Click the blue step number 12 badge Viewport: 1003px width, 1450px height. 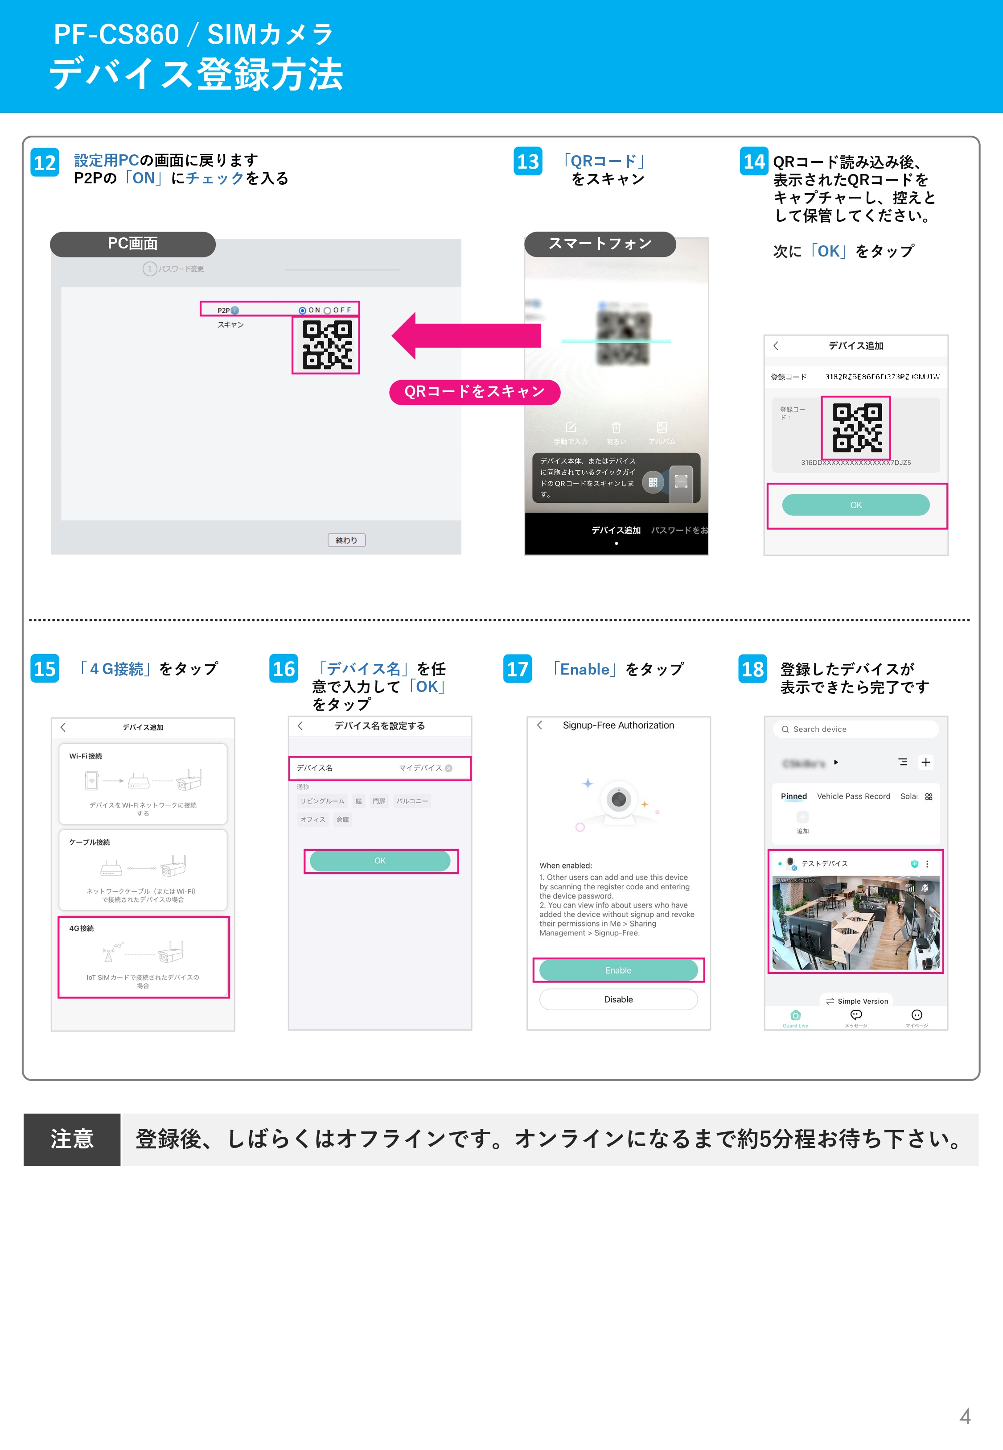[x=45, y=163]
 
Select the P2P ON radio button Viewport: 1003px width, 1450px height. [x=302, y=311]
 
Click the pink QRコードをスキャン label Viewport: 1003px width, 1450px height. [x=474, y=392]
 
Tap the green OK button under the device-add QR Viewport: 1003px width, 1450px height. [x=855, y=505]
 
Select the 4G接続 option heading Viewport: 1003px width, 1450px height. [x=82, y=928]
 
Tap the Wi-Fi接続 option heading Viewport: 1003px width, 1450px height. [x=86, y=756]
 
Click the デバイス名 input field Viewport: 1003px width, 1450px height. [x=380, y=768]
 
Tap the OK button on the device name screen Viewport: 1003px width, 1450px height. [x=380, y=861]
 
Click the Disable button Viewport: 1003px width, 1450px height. [x=618, y=999]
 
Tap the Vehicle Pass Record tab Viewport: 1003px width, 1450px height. [x=853, y=796]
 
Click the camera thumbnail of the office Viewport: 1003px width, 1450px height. [x=855, y=923]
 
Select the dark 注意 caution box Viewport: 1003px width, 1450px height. [x=72, y=1139]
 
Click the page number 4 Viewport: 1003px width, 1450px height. [x=965, y=1416]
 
